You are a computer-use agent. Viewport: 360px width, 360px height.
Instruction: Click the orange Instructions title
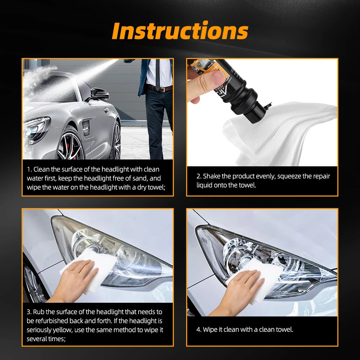coord(180,31)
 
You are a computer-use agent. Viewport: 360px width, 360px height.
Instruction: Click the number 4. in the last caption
coord(199,329)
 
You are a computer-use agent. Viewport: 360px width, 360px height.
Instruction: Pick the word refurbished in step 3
coord(48,321)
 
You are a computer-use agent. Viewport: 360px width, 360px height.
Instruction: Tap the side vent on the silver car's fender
coord(86,128)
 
